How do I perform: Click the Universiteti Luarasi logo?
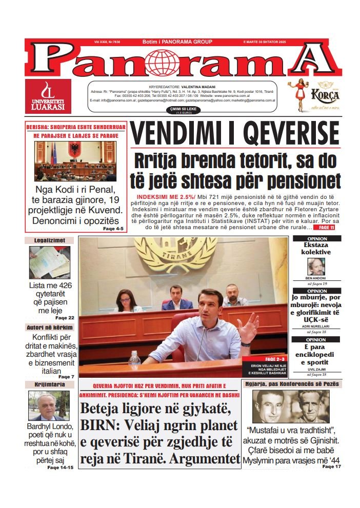click(x=48, y=96)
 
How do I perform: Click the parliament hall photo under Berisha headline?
click(x=75, y=161)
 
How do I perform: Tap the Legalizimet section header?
click(x=49, y=240)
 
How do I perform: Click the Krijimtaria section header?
click(x=49, y=384)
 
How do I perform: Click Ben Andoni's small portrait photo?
click(x=316, y=266)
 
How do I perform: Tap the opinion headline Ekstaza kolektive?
click(x=316, y=249)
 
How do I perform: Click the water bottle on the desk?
click(x=134, y=358)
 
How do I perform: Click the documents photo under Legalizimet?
click(x=49, y=262)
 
